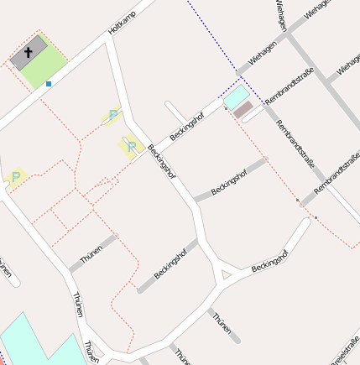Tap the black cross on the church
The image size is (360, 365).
(28, 52)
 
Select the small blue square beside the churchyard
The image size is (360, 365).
(49, 84)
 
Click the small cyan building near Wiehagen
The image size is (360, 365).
(235, 97)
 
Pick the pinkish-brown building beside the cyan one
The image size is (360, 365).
(243, 109)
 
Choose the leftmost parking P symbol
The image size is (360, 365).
(16, 177)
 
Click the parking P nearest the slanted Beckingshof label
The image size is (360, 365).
(131, 148)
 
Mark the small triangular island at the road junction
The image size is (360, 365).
(223, 274)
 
